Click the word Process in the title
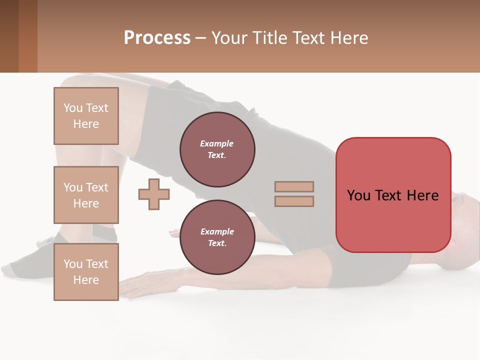coord(157,37)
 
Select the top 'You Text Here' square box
coord(86,116)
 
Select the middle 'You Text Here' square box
coord(86,195)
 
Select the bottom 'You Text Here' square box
coord(86,272)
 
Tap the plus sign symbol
coord(154,194)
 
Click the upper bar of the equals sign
coord(294,186)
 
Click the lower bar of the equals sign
coord(294,201)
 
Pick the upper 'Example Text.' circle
coord(217,149)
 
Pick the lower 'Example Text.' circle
coord(217,237)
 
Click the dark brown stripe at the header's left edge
coord(9,36)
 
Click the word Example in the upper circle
coord(216,143)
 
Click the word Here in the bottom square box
coord(86,280)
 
